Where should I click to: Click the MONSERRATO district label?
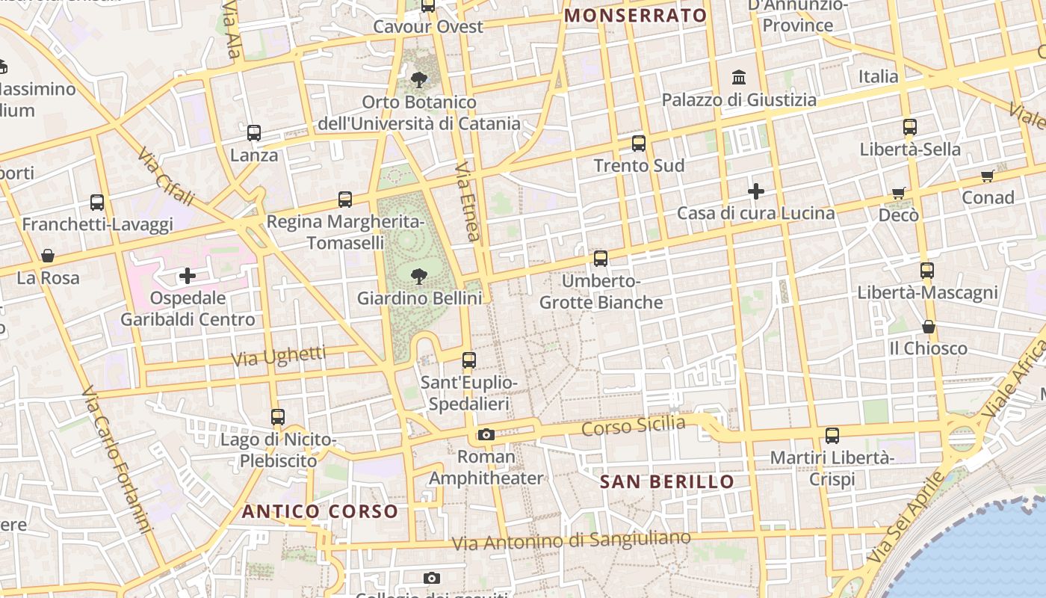[x=635, y=16]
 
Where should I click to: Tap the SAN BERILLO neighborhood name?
[x=667, y=481]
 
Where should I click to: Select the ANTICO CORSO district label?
[x=320, y=511]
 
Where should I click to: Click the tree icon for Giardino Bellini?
[x=419, y=276]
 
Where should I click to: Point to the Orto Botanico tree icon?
[x=419, y=79]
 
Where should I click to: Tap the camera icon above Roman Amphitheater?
[x=486, y=434]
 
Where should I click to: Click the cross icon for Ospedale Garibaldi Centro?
[x=187, y=277]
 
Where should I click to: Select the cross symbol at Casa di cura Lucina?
[x=755, y=191]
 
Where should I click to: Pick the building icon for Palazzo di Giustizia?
[x=739, y=77]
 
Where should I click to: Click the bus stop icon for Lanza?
[x=254, y=133]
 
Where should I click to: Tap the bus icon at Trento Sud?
[x=639, y=144]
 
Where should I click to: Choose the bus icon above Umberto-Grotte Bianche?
[x=601, y=259]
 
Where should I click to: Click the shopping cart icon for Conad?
[x=988, y=176]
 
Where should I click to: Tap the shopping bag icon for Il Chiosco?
[x=928, y=327]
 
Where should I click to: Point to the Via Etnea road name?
[x=467, y=201]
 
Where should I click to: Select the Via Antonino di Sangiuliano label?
[x=572, y=540]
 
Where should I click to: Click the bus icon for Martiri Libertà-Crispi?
[x=832, y=435]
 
